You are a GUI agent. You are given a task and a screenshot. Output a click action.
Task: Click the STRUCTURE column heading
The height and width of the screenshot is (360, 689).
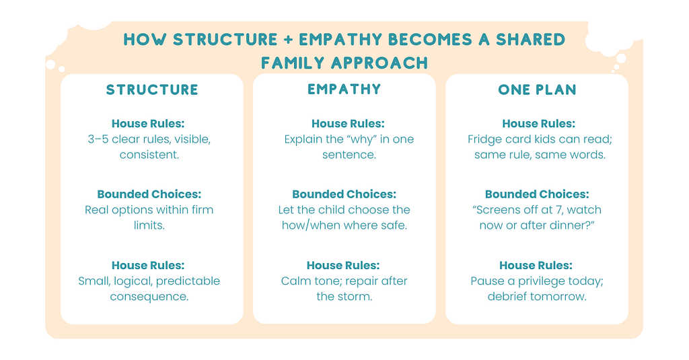152,89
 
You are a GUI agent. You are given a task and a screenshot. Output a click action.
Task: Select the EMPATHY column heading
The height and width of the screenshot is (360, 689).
344,89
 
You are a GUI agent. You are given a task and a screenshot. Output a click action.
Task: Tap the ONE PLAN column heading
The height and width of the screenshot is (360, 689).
537,89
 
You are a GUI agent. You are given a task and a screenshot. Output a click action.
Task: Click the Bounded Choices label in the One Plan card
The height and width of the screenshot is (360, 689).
537,194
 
